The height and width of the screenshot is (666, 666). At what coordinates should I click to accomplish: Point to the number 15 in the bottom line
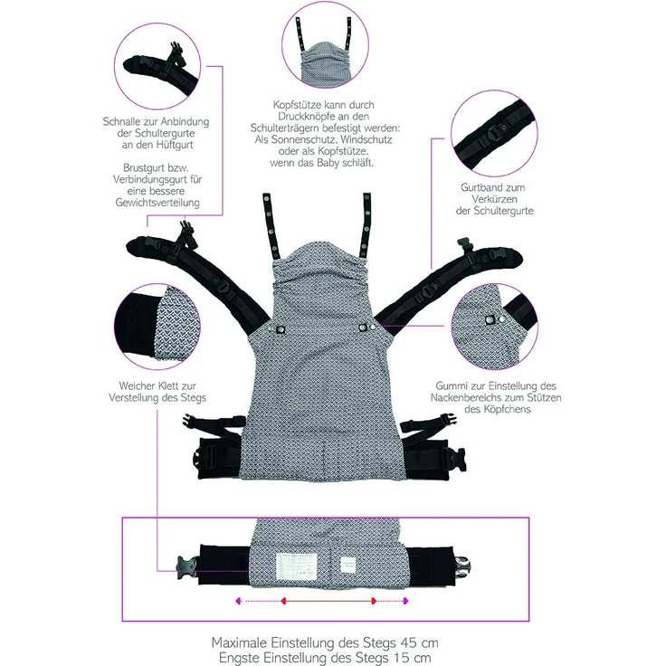[399, 658]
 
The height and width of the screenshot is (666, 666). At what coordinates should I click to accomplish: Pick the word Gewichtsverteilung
[157, 203]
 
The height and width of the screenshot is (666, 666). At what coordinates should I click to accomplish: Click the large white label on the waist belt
[297, 566]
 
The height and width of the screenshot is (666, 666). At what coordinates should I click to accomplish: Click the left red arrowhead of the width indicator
[283, 601]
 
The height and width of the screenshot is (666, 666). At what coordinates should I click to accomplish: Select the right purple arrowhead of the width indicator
[405, 601]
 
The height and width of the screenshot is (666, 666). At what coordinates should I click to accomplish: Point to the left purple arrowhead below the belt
[238, 601]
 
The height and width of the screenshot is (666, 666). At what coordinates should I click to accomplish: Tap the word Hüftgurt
[175, 145]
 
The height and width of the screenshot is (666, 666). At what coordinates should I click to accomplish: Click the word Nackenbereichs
[461, 398]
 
